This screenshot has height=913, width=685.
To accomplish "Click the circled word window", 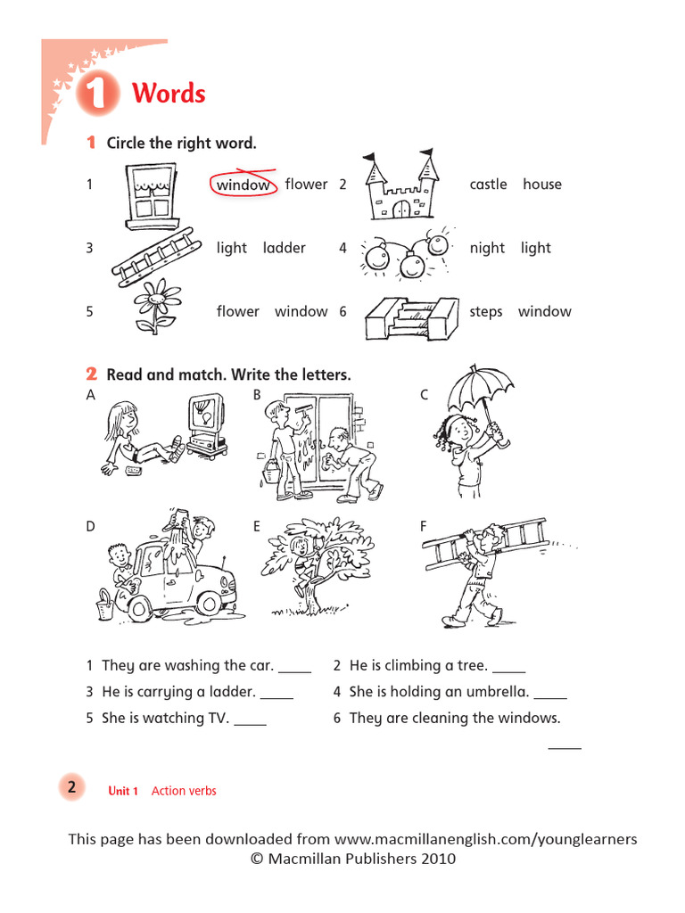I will (x=243, y=185).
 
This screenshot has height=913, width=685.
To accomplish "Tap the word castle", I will (x=488, y=185).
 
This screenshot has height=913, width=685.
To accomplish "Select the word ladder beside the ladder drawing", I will (x=284, y=248).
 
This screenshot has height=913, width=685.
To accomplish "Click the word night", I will (x=487, y=248).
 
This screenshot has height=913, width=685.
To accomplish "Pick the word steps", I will (x=486, y=311).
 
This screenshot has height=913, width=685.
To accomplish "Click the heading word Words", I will (x=169, y=94).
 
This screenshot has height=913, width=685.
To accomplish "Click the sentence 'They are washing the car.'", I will (x=187, y=665).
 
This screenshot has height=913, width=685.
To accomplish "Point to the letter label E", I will (x=256, y=527).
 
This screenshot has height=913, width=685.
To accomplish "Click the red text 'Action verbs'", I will (x=184, y=791).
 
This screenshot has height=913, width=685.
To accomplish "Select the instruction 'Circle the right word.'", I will (x=181, y=143).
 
